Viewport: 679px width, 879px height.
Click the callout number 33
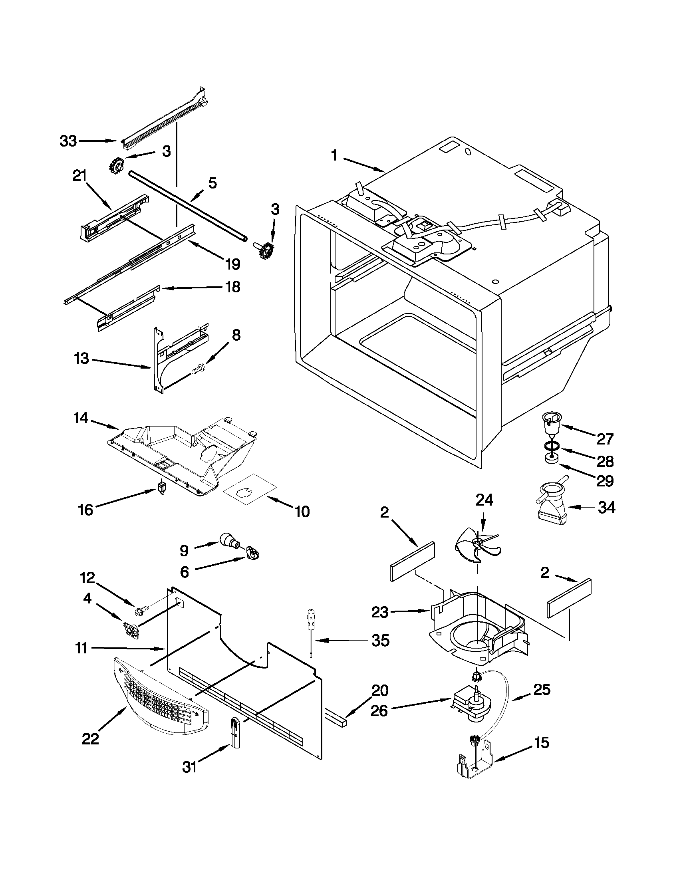[68, 141]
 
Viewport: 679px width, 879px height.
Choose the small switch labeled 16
[162, 488]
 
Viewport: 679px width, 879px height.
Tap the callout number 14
[81, 418]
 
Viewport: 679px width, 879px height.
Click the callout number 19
[232, 264]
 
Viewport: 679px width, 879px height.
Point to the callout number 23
[379, 612]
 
